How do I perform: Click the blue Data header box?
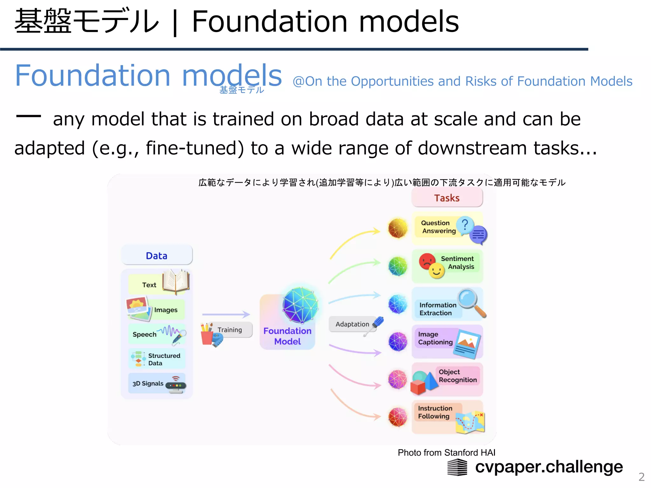pyautogui.click(x=157, y=255)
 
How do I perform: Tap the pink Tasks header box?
pyautogui.click(x=447, y=198)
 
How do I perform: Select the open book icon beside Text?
pyautogui.click(x=176, y=281)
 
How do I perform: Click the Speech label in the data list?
pyautogui.click(x=145, y=334)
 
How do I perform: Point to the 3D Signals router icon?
pyautogui.click(x=176, y=385)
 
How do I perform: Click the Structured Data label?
pyautogui.click(x=164, y=359)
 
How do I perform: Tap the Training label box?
pyautogui.click(x=230, y=330)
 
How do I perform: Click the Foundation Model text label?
pyautogui.click(x=287, y=336)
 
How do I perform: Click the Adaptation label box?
pyautogui.click(x=352, y=324)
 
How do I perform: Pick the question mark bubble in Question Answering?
pyautogui.click(x=465, y=225)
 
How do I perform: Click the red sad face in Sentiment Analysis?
pyautogui.click(x=427, y=261)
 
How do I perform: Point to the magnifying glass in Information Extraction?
pyautogui.click(x=471, y=302)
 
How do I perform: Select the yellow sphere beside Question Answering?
pyautogui.click(x=398, y=228)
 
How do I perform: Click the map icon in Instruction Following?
pyautogui.click(x=470, y=422)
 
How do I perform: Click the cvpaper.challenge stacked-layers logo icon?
pyautogui.click(x=457, y=468)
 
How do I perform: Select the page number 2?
pyautogui.click(x=641, y=477)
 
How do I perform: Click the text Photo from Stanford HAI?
pyautogui.click(x=446, y=452)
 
